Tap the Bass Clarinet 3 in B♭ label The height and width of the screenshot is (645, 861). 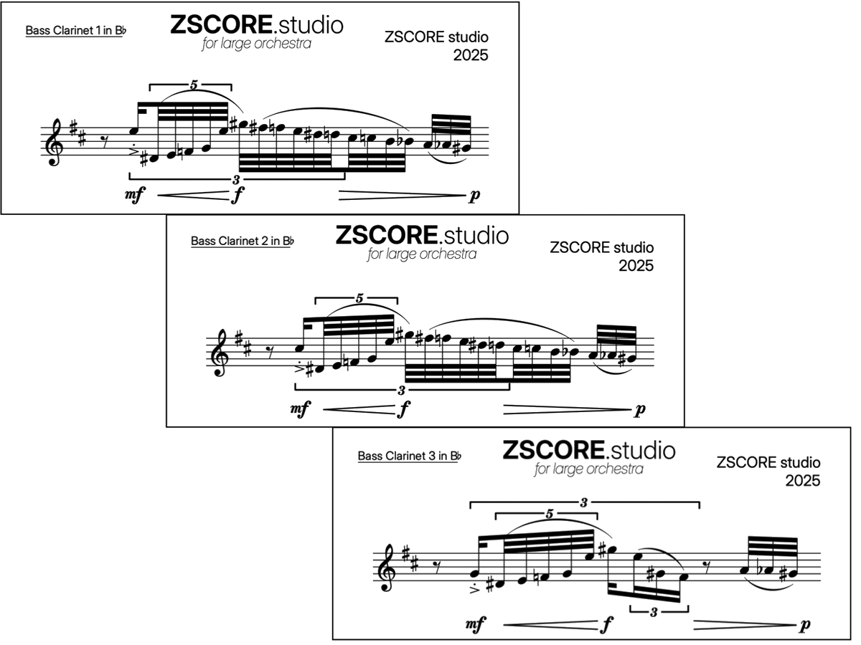pos(409,456)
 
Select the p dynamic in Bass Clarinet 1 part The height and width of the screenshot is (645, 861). pos(474,195)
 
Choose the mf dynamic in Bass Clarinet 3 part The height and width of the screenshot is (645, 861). pos(475,625)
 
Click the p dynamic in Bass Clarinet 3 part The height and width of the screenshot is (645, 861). pos(805,625)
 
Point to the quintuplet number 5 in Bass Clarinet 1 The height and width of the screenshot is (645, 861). pos(193,85)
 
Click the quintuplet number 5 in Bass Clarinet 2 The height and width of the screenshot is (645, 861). pos(359,297)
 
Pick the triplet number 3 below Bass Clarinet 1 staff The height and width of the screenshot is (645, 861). pos(236,178)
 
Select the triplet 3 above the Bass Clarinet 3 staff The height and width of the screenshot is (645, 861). pos(584,503)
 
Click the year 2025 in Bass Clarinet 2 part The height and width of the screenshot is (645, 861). pos(636,265)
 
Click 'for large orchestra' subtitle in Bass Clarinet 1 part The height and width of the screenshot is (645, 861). pos(257,44)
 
